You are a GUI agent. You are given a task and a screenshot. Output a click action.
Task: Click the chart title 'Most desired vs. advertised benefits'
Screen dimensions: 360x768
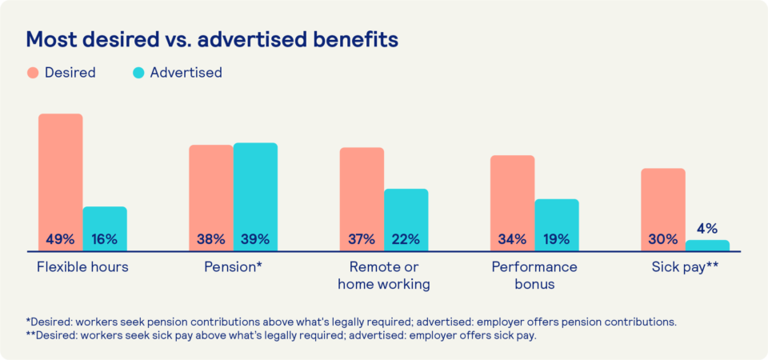(x=212, y=39)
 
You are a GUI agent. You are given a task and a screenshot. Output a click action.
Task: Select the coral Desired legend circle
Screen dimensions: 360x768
(x=33, y=73)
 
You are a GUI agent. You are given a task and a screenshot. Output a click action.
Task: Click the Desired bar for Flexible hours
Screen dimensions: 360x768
(x=61, y=176)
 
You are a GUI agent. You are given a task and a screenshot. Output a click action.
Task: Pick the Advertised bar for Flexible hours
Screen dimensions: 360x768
(x=105, y=224)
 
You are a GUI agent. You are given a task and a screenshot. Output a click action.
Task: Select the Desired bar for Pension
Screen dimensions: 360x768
(x=211, y=192)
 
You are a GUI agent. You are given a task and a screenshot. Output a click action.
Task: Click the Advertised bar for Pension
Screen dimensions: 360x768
(x=255, y=192)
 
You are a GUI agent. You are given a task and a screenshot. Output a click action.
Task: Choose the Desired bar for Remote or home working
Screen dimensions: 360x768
(x=362, y=192)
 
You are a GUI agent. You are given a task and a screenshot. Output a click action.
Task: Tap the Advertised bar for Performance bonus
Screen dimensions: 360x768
(x=557, y=220)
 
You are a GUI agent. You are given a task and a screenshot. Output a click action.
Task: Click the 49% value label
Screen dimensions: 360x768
(x=61, y=239)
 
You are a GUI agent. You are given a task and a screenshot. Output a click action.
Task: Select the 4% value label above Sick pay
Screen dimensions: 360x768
(x=708, y=227)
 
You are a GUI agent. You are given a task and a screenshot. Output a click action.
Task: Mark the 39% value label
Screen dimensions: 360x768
(x=255, y=239)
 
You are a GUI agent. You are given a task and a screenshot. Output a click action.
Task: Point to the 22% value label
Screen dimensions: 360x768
(x=406, y=239)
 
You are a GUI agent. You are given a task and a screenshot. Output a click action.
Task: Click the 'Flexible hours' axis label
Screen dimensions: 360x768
(x=82, y=267)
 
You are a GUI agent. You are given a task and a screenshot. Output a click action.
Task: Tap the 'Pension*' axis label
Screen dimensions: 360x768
(x=233, y=267)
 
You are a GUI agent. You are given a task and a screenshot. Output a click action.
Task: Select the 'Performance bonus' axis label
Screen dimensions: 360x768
(x=534, y=275)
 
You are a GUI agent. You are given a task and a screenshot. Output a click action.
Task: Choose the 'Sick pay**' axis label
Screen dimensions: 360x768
(x=684, y=267)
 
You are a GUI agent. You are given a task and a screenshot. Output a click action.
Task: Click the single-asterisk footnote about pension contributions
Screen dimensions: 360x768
(x=351, y=322)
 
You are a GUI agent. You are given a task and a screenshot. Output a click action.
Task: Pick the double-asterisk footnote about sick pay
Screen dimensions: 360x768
(x=281, y=335)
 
